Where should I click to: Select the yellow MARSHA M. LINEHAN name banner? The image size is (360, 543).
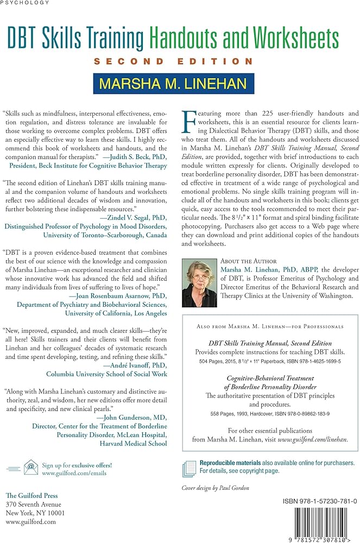(x=173, y=84)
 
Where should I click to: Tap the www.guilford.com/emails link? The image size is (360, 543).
(x=74, y=473)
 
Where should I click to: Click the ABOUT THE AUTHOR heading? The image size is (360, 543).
(x=248, y=261)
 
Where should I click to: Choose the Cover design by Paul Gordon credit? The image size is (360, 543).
(x=216, y=488)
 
